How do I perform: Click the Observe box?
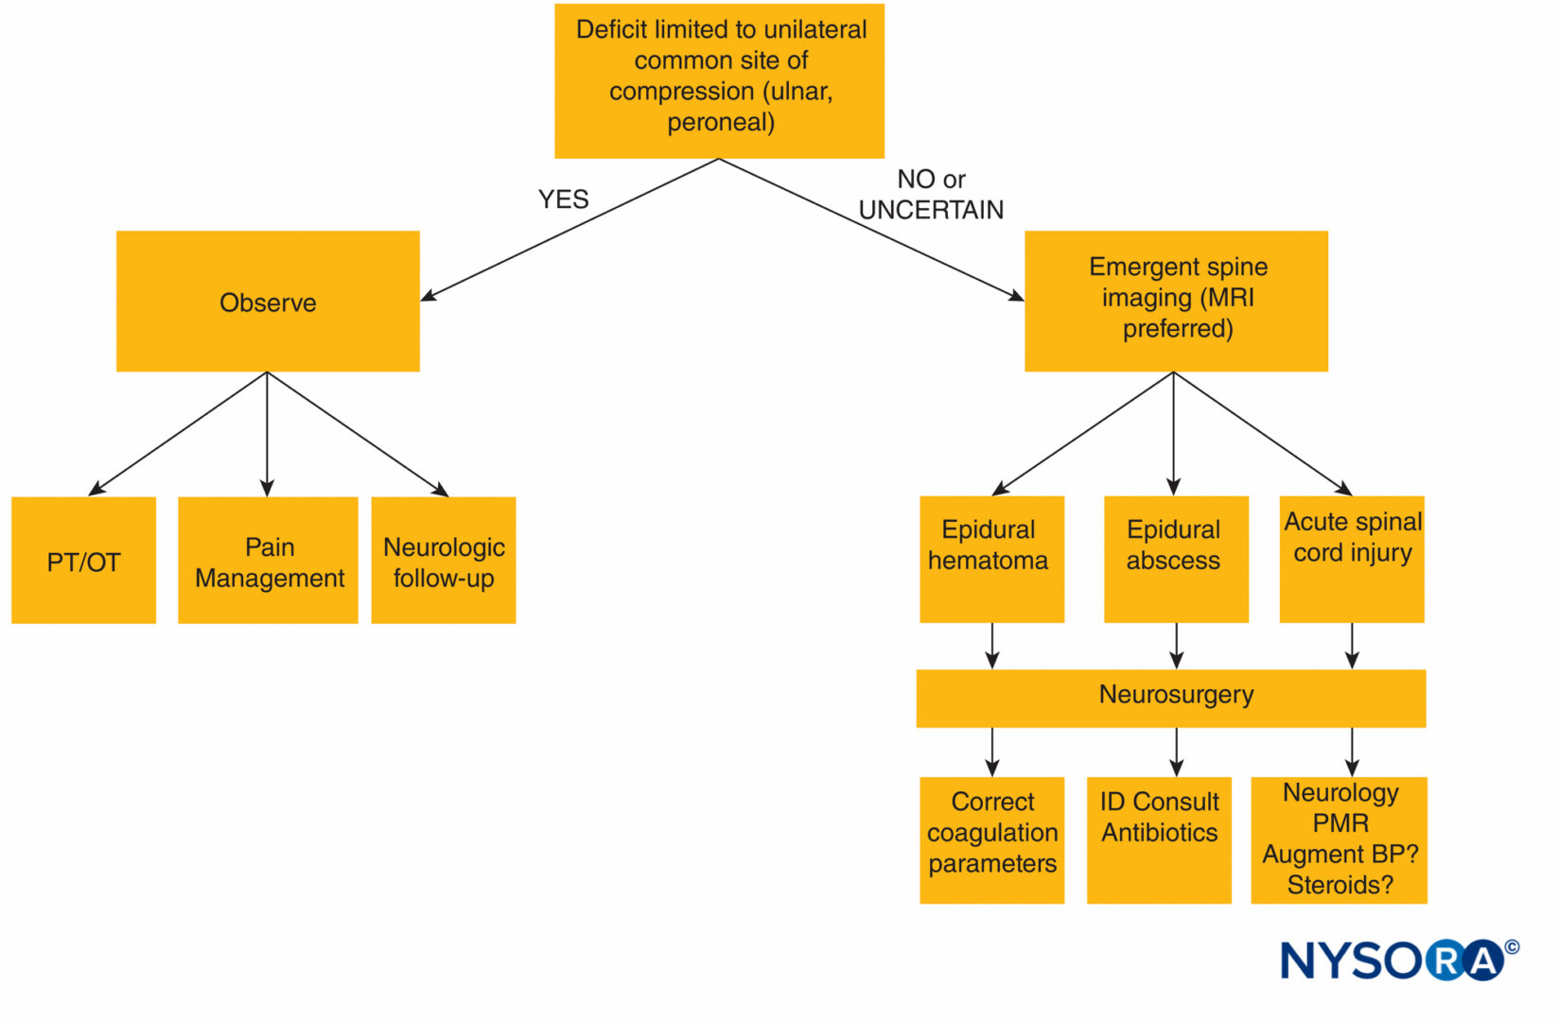coord(268,302)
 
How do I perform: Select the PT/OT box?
coord(83,560)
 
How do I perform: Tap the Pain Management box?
coord(268,560)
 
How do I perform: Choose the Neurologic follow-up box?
coord(444,560)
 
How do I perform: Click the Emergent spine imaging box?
coord(1176,302)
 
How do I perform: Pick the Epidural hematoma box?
coord(991,559)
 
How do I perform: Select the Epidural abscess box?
coord(1176,559)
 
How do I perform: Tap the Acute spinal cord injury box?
coord(1352,559)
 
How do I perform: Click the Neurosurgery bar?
coord(1170,699)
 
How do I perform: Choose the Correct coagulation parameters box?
coord(991,840)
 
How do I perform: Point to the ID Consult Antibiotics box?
coord(1159,840)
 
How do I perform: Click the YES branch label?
coord(563,199)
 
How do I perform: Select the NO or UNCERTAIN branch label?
coord(931,195)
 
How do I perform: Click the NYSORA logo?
coord(1399,960)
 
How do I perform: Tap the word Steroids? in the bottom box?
coord(1340,885)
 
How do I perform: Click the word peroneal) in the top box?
coord(720,122)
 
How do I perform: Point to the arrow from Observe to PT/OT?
coord(178,433)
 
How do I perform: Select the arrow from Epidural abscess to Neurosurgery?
coord(1176,646)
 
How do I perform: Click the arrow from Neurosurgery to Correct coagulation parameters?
coord(991,753)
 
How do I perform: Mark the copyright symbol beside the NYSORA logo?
coord(1512,947)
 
